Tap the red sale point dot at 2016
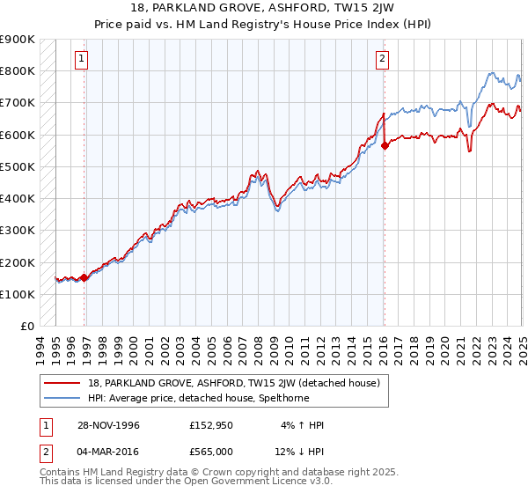click(x=385, y=146)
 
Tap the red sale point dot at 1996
click(x=84, y=277)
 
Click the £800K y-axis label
click(x=18, y=70)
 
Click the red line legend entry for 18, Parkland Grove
click(x=233, y=383)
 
